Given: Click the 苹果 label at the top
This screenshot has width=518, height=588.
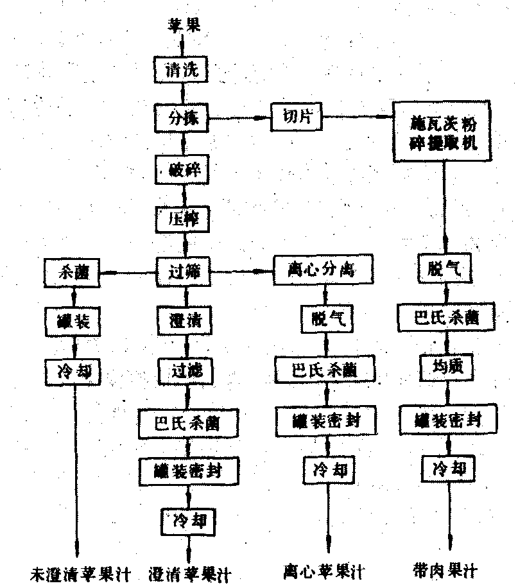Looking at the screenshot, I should (x=185, y=25).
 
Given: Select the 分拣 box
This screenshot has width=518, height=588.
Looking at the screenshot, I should (x=184, y=119).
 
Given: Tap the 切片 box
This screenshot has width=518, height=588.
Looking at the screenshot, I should (x=296, y=117).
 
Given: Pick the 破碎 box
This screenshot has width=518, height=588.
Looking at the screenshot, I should (x=184, y=171).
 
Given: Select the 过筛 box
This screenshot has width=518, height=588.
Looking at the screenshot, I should (x=184, y=272).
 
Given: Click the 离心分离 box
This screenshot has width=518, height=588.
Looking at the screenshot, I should (x=323, y=271).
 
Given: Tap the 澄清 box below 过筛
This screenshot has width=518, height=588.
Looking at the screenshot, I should (x=184, y=319).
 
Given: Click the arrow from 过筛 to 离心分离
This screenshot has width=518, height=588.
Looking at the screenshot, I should (x=242, y=272).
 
